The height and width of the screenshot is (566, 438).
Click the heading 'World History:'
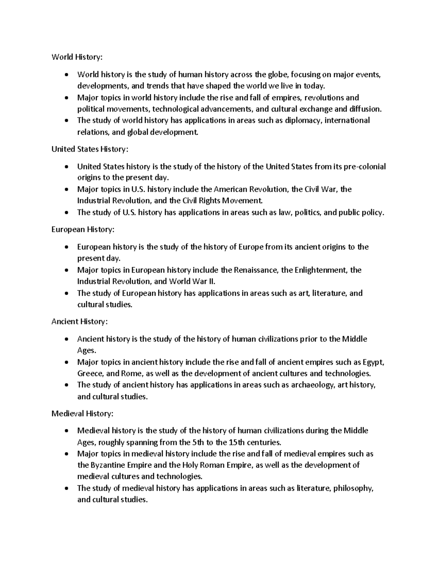coord(77,57)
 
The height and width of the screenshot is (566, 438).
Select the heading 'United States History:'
coord(90,149)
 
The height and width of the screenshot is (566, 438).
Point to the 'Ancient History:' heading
coord(80,321)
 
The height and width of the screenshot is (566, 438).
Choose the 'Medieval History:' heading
coord(82,414)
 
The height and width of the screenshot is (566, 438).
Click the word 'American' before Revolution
coord(230,190)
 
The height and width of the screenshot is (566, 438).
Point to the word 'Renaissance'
coord(256,270)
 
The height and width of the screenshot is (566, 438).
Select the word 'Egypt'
coord(373,362)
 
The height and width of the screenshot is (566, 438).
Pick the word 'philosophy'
coord(353,488)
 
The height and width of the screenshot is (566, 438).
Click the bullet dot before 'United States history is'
coord(66,167)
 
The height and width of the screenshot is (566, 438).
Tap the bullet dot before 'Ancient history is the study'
coord(66,340)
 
